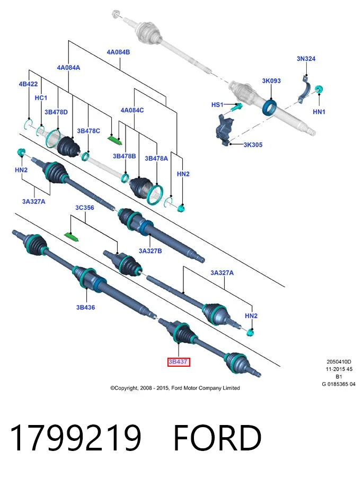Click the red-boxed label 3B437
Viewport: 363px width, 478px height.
179,362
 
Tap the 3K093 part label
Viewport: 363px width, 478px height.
271,81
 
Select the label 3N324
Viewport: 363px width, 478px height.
306,58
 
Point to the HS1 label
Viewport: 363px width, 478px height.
217,104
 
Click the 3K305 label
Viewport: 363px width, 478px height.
253,145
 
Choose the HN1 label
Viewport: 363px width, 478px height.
319,112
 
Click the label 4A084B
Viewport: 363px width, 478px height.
118,52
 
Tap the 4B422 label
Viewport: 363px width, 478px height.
28,84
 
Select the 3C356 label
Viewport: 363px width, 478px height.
85,208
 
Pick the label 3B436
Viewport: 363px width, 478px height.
86,307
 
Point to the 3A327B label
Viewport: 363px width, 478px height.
150,251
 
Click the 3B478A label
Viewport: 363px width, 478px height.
156,158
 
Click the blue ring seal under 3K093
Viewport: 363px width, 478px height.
270,107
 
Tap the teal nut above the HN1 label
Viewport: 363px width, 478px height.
319,90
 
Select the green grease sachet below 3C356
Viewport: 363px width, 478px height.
72,236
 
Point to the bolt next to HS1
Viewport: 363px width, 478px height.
236,107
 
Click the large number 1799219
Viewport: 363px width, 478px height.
76,437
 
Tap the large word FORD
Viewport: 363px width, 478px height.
218,437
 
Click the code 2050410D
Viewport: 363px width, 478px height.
339,362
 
